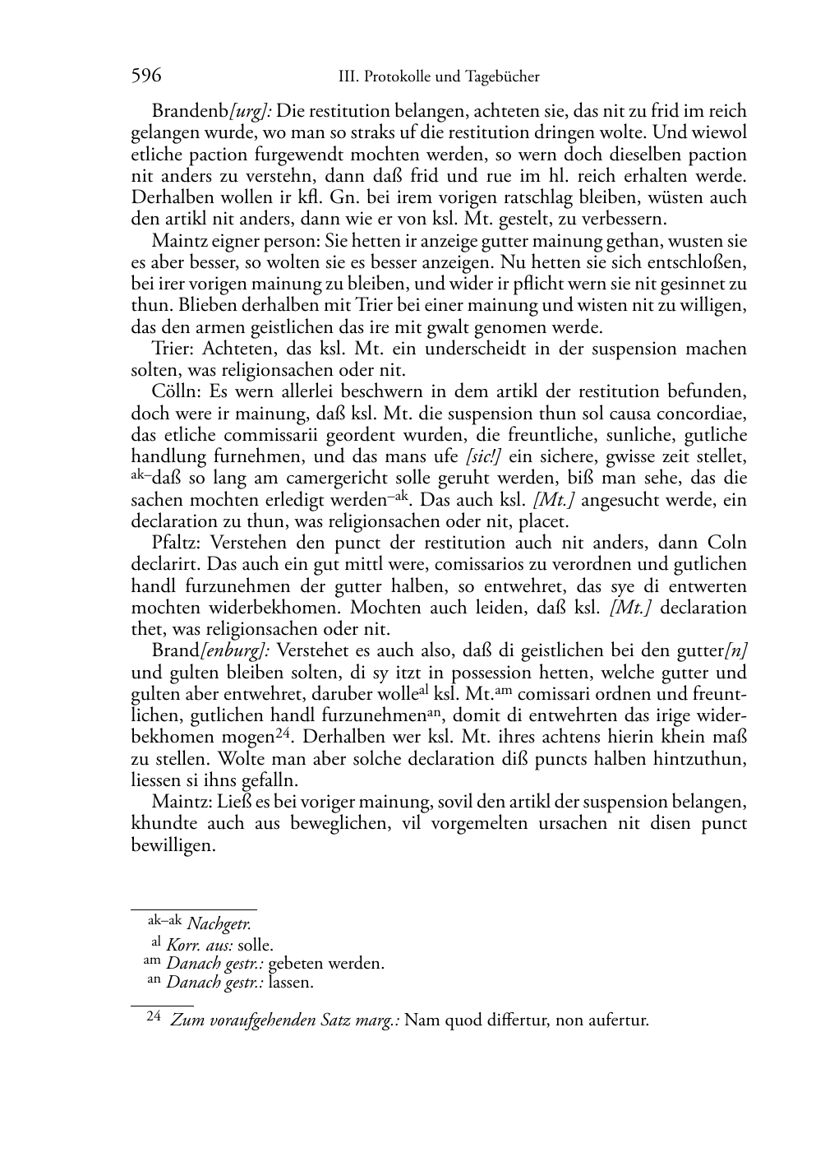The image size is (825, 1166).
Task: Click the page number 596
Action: pyautogui.click(x=146, y=76)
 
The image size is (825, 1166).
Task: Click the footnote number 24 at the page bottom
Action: pyautogui.click(x=154, y=1017)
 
